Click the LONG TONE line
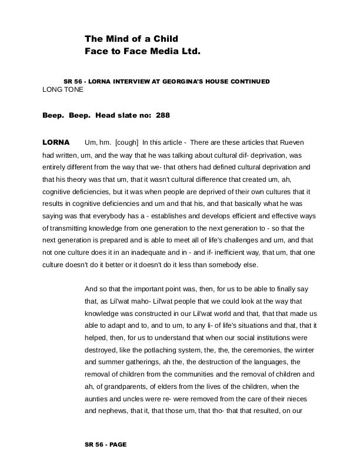click(x=63, y=89)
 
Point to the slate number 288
click(x=163, y=115)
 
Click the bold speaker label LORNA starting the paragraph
click(x=56, y=143)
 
